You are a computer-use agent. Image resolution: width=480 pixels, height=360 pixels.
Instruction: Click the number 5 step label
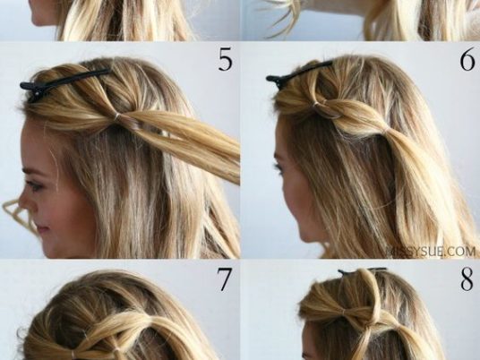[x=226, y=59]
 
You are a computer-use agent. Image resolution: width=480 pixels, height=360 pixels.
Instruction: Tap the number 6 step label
[x=467, y=60]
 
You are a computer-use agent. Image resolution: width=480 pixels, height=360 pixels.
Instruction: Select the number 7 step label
[x=224, y=279]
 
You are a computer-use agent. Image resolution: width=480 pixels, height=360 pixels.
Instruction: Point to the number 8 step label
[x=467, y=279]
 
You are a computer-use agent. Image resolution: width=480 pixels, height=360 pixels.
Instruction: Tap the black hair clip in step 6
[x=298, y=73]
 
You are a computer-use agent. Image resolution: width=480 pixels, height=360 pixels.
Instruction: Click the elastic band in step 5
[x=116, y=116]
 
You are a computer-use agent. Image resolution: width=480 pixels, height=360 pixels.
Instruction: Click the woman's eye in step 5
[x=34, y=185]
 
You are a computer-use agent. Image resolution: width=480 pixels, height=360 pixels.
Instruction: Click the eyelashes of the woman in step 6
[x=279, y=167]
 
